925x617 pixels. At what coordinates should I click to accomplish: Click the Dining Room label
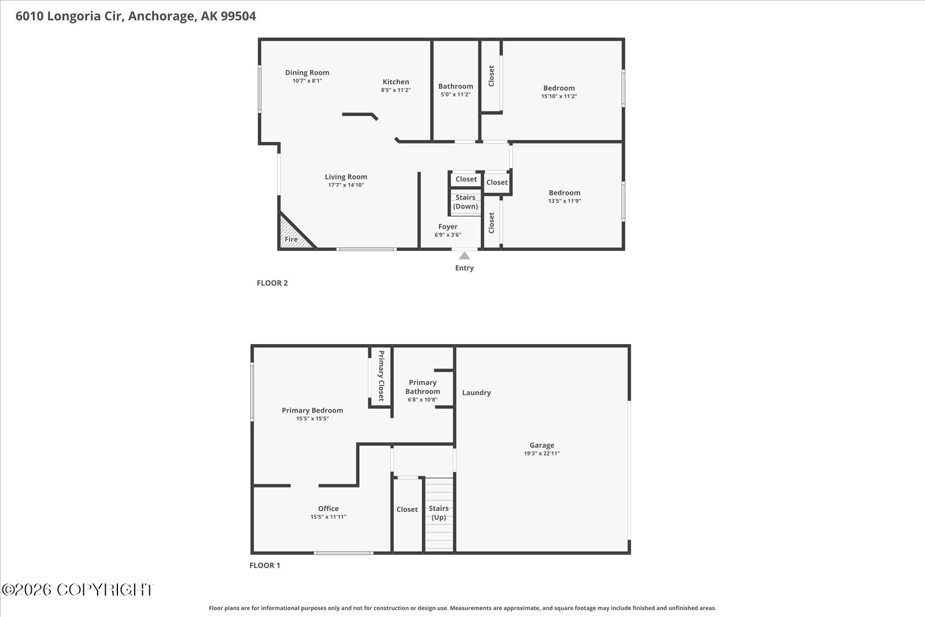pos(307,73)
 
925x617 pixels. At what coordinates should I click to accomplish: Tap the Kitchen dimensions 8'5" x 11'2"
pos(395,90)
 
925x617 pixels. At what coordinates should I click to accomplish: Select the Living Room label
pos(346,177)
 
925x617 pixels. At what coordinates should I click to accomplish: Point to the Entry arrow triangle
pos(464,255)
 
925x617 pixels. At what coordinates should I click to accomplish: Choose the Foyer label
pos(447,227)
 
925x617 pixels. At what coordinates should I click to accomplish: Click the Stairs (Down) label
pos(465,202)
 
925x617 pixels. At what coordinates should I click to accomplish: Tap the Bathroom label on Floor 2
pos(456,86)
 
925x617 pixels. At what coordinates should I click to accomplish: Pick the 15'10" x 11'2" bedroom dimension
pos(558,97)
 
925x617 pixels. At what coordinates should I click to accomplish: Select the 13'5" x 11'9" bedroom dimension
pos(564,201)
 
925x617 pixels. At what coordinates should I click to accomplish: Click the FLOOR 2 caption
pos(272,283)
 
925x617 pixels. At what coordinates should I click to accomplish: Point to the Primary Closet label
pos(381,376)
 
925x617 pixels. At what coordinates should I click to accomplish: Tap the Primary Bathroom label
pos(423,387)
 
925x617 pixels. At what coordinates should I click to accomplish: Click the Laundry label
pos(476,393)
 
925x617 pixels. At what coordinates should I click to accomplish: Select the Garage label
pos(542,445)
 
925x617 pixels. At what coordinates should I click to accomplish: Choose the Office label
pos(328,509)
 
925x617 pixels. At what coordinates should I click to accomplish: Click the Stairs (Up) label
pos(439,513)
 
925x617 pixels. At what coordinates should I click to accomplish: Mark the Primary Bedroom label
pos(312,411)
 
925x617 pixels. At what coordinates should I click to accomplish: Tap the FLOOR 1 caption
pos(265,566)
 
